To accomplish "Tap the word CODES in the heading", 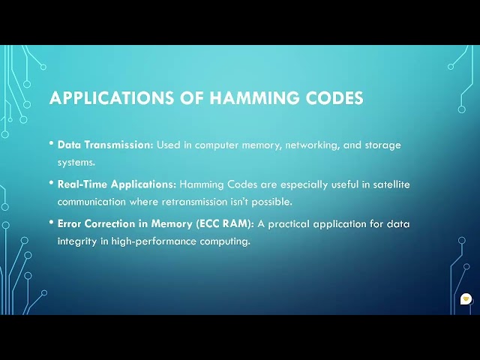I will [332, 98].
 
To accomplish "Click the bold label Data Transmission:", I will [105, 145].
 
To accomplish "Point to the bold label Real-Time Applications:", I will [116, 184].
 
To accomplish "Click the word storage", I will [382, 145].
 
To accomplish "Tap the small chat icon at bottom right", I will [466, 298].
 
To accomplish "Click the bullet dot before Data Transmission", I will [51, 143].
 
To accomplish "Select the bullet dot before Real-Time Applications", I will [51, 182].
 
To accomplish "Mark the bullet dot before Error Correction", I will [51, 222].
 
